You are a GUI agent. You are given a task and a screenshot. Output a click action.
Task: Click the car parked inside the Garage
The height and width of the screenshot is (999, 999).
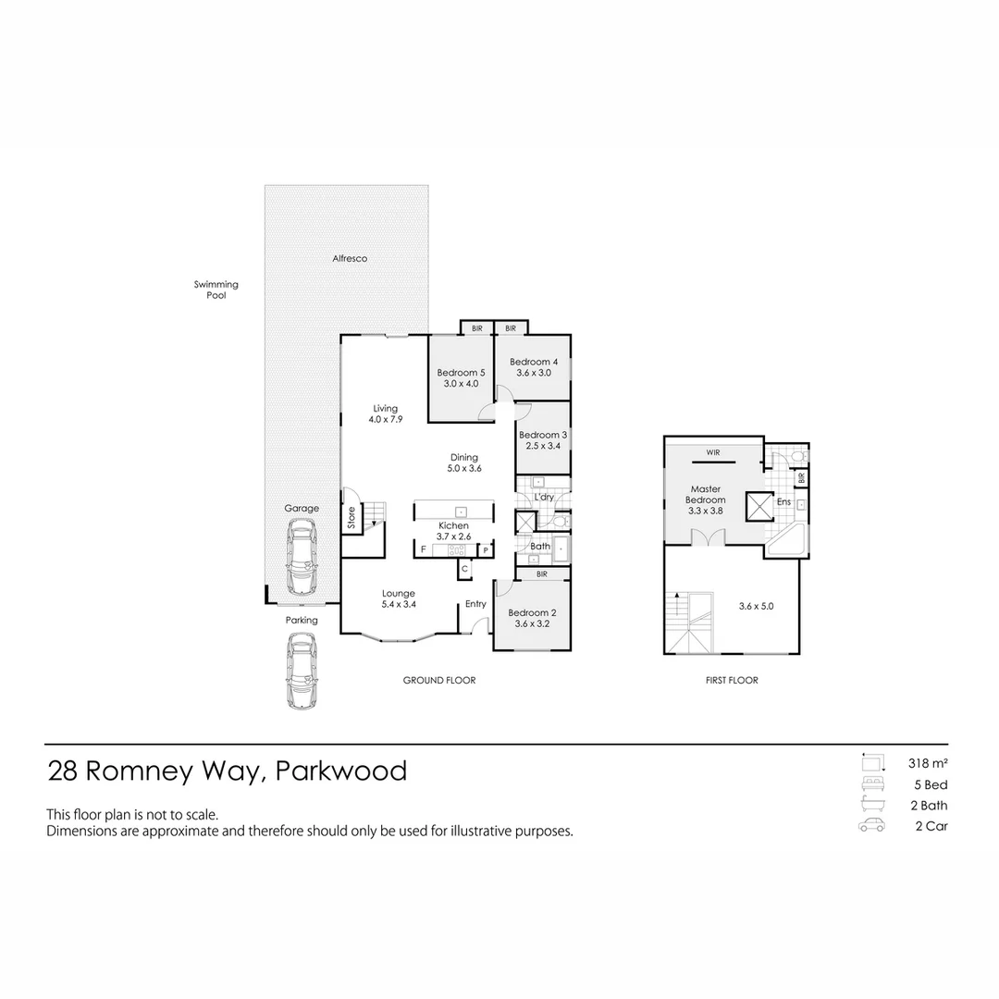click(x=302, y=557)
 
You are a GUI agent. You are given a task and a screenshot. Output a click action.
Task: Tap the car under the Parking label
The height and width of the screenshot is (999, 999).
click(x=302, y=671)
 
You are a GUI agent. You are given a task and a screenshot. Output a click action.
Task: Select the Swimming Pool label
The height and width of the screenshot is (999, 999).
click(x=216, y=290)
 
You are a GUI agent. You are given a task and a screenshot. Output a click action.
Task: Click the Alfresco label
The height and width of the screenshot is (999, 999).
click(x=350, y=259)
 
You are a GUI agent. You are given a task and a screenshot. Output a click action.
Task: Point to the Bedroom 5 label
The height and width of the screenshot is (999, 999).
click(x=461, y=373)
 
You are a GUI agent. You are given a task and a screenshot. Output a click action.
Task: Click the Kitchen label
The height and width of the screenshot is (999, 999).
click(x=453, y=525)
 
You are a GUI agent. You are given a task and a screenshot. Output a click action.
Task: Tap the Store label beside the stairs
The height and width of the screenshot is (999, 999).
click(x=351, y=517)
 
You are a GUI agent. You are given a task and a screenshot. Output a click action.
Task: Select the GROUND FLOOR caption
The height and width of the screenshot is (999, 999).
click(x=438, y=681)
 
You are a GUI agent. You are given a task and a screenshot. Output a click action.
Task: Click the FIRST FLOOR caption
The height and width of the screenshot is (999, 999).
click(x=731, y=681)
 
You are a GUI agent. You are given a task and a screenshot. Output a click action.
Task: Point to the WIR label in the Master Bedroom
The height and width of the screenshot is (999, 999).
click(x=713, y=453)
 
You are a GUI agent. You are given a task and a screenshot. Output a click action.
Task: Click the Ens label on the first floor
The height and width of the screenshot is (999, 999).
click(x=784, y=502)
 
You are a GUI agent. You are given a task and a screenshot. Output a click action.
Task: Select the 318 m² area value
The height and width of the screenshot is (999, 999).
click(x=928, y=764)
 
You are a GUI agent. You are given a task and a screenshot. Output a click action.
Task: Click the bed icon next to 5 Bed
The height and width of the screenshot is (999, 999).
click(x=871, y=784)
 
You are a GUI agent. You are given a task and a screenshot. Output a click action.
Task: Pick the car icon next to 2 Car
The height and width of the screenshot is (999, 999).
click(x=871, y=826)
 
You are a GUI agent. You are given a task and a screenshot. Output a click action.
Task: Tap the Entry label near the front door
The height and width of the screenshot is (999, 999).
click(x=475, y=604)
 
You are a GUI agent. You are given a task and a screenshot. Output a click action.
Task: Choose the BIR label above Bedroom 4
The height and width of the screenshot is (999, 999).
click(x=511, y=328)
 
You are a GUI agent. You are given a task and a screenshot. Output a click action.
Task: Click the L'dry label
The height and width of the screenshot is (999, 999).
click(x=545, y=498)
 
